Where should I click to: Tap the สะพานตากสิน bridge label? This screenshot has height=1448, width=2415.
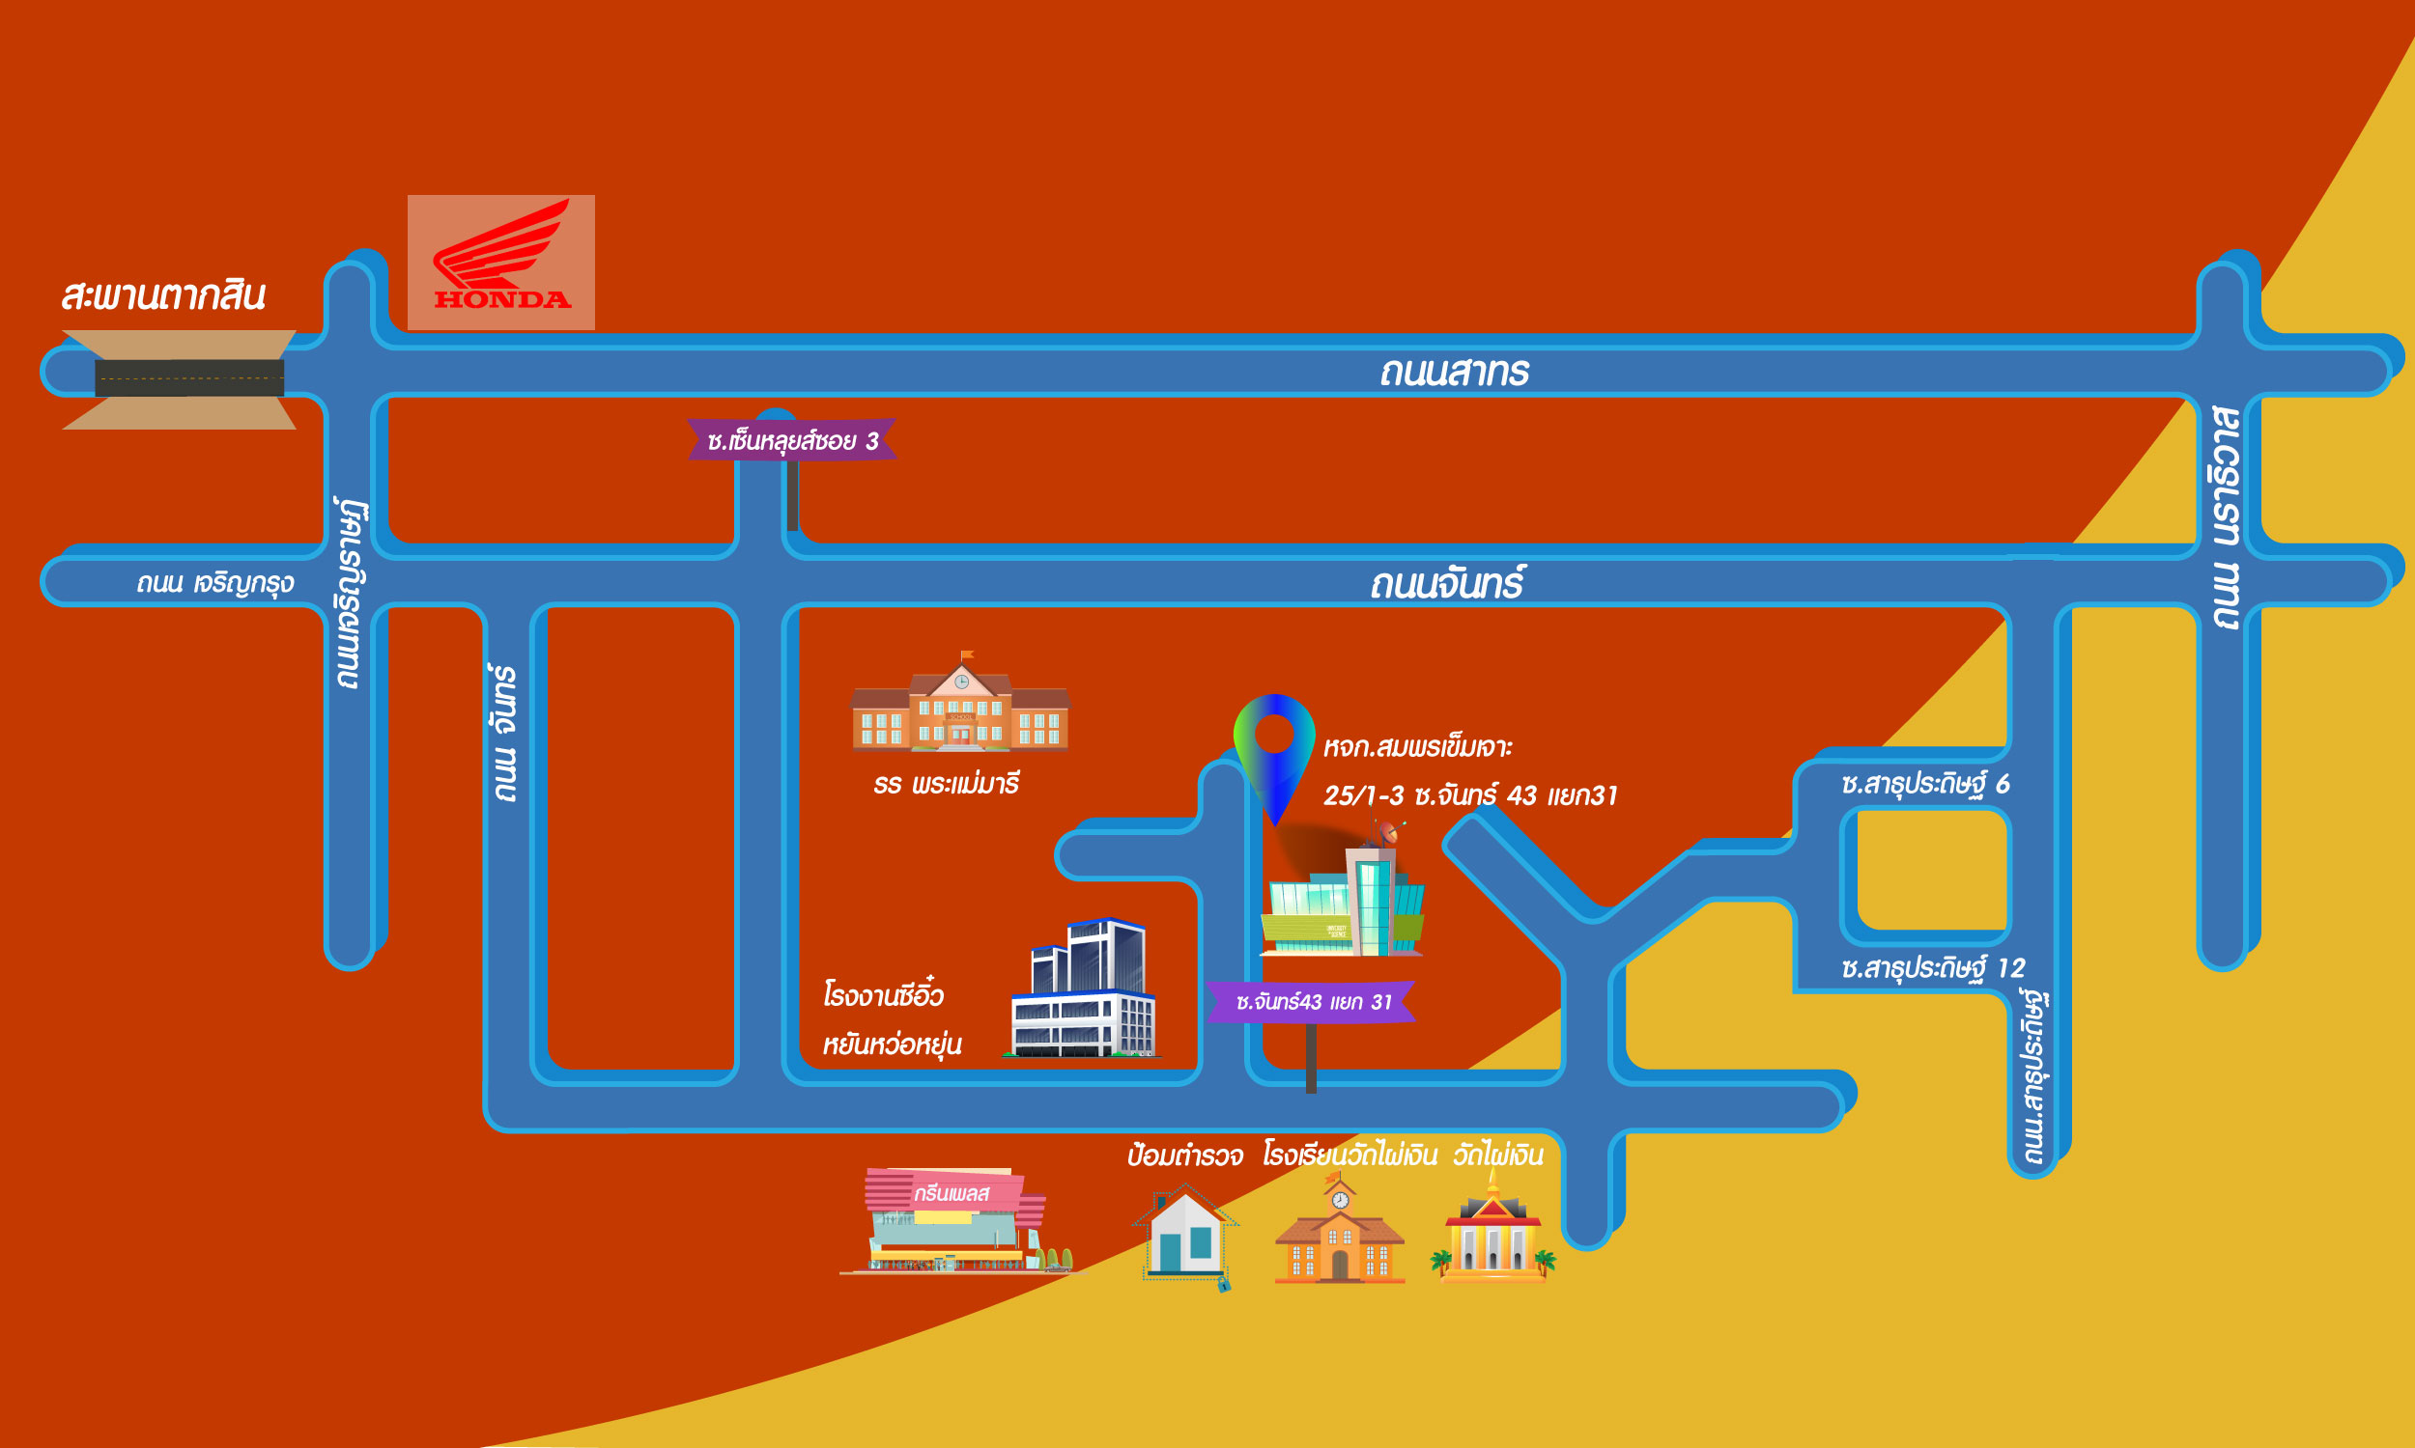click(163, 295)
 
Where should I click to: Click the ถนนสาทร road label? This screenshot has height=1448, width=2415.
click(1454, 373)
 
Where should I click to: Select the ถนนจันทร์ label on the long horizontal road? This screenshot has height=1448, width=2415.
click(1446, 584)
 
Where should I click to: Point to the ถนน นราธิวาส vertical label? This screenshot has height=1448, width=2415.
click(2225, 517)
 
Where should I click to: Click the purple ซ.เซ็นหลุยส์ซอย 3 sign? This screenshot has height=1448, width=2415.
click(792, 441)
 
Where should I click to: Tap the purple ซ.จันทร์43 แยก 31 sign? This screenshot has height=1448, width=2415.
click(1312, 1002)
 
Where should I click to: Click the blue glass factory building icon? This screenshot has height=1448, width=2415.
click(1083, 989)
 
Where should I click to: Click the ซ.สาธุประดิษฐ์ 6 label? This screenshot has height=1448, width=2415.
click(1924, 785)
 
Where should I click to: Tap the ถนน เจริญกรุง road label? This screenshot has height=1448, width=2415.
click(214, 583)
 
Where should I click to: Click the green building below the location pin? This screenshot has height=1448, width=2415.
click(1342, 903)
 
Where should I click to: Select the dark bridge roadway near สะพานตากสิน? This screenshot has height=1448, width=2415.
click(189, 377)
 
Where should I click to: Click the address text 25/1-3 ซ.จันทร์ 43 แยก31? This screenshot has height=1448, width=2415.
click(1469, 796)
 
